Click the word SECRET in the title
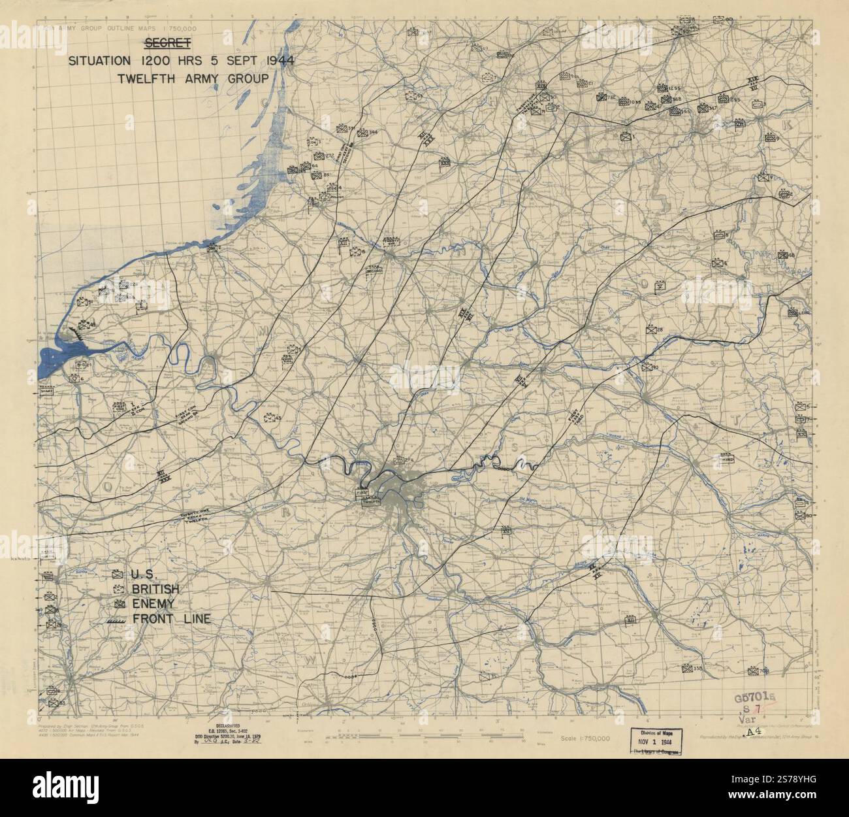pos(167,44)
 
